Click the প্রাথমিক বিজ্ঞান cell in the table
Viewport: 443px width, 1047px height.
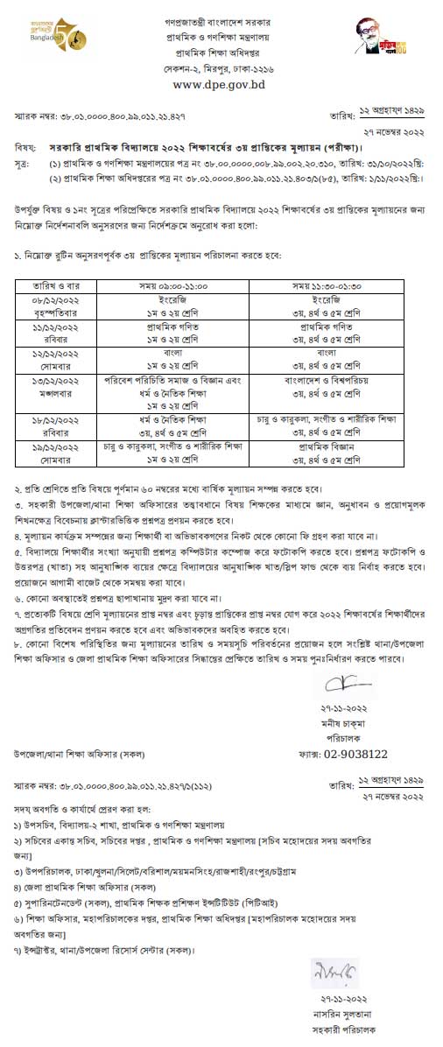(x=325, y=446)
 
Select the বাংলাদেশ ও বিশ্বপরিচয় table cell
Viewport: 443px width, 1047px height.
(x=325, y=383)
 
